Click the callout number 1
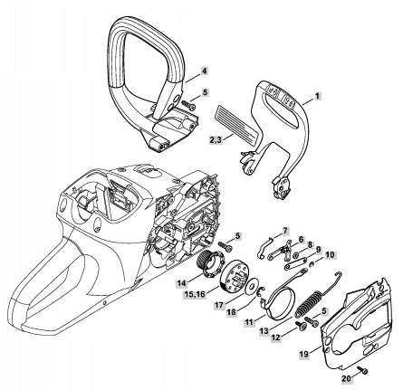pos(317,96)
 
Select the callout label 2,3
pos(216,140)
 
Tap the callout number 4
pos(205,71)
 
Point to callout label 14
pos(182,283)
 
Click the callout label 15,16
pos(195,294)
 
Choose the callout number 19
pos(304,354)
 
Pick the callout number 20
pos(347,378)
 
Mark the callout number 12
pos(276,338)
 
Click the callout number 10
pos(331,254)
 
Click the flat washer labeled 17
pos(250,288)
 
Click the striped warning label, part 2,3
pos(238,124)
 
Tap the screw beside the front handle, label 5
pos(187,104)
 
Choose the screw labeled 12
pos(301,326)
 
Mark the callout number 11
pos(249,322)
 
